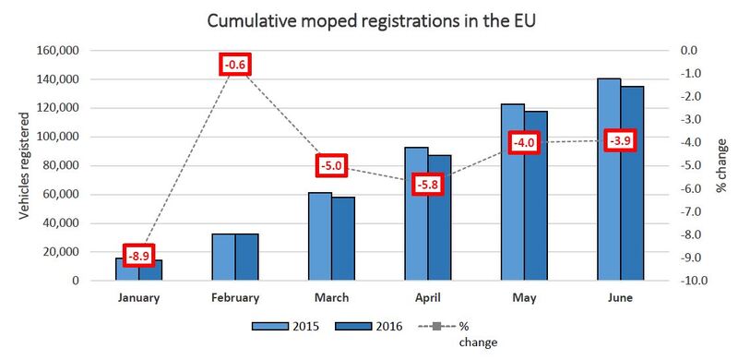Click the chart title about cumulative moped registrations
(x=368, y=20)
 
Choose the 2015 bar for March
(x=320, y=236)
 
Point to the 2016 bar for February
(x=246, y=258)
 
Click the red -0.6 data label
(x=235, y=65)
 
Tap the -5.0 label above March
(x=331, y=166)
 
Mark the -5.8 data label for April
(x=427, y=185)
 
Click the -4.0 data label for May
(x=523, y=143)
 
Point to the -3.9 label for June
(x=619, y=141)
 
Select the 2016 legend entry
(x=374, y=326)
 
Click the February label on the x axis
(x=235, y=298)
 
